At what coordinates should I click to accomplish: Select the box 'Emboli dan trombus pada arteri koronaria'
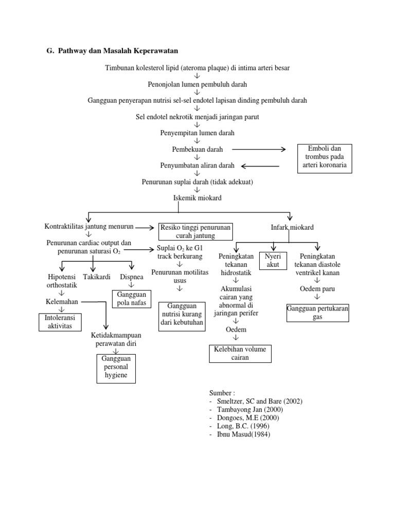click(322, 157)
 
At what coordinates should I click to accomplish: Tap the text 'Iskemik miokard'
click(197, 197)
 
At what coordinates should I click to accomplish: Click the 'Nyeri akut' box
click(273, 260)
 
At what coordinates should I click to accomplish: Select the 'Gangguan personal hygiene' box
click(116, 368)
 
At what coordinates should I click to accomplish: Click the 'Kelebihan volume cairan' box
click(240, 353)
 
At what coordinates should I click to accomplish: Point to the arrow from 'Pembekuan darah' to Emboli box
click(258, 150)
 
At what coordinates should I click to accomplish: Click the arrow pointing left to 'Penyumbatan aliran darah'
click(260, 166)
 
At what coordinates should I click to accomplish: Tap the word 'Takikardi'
click(97, 277)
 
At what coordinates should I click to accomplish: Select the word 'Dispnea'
click(131, 277)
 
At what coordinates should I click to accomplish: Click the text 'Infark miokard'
click(292, 227)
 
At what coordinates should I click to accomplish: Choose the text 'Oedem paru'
click(317, 288)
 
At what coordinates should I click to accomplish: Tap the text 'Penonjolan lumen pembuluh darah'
click(197, 84)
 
